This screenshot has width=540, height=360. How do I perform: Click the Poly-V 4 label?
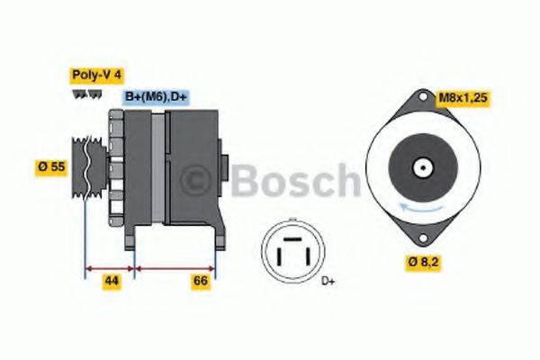[x=94, y=76]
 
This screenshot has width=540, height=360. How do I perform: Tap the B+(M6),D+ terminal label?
[x=155, y=96]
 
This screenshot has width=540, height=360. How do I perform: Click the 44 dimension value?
[x=111, y=282]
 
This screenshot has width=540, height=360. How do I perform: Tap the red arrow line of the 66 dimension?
[x=175, y=267]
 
